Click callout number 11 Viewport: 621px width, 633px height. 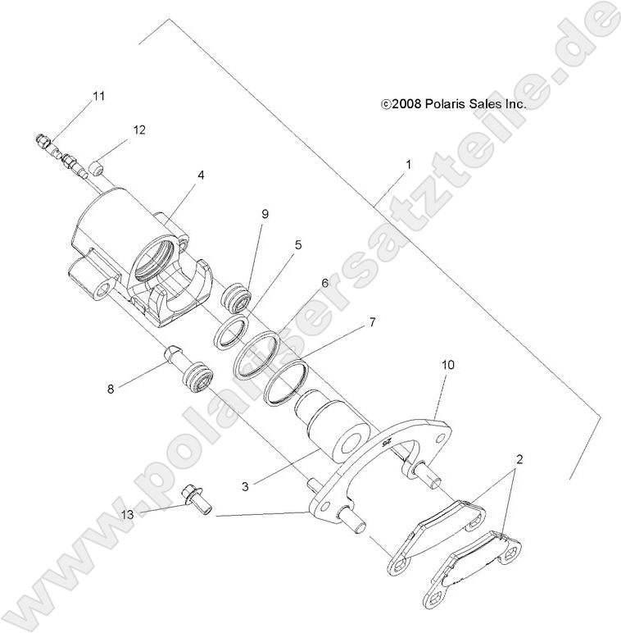[98, 97]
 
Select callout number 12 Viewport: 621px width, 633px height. [139, 130]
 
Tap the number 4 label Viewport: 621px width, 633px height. [200, 175]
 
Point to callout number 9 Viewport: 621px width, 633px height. [265, 214]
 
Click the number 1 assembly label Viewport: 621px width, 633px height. [407, 164]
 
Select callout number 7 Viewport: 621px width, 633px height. [349, 322]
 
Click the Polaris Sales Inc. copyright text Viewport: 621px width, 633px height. [453, 104]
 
